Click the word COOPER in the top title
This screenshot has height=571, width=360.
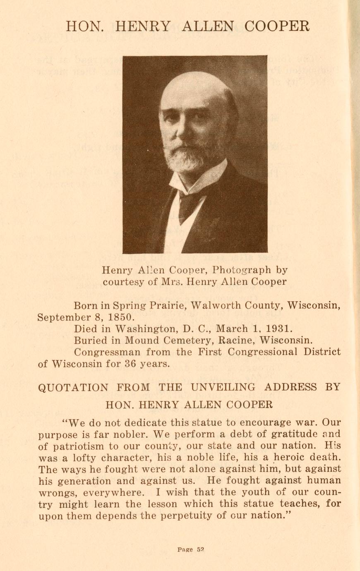click(277, 26)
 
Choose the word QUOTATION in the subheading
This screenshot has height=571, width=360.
click(73, 388)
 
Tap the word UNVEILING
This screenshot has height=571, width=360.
click(223, 388)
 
